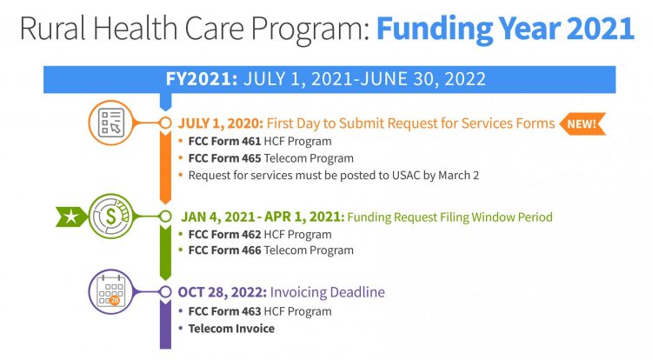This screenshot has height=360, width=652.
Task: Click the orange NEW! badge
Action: click(582, 123)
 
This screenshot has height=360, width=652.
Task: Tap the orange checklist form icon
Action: click(111, 123)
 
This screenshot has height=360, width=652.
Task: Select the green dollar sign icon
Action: click(111, 217)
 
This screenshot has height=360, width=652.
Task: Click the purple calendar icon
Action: click(111, 292)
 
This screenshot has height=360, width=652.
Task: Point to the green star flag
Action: click(71, 217)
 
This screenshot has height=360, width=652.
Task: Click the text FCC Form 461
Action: click(224, 142)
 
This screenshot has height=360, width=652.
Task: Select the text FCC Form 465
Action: click(224, 158)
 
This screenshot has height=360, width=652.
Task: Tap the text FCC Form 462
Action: click(224, 235)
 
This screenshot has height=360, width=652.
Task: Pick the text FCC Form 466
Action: click(224, 250)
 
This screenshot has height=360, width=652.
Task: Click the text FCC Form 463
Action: click(224, 311)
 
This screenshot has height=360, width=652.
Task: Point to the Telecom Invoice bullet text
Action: click(231, 329)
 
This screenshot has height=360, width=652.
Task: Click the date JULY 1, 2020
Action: click(221, 123)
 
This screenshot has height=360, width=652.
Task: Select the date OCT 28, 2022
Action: click(222, 292)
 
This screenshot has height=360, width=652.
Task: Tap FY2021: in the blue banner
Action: click(202, 79)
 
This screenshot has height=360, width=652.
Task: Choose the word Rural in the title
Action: click(52, 28)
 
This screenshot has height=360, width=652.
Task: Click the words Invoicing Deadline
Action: click(327, 292)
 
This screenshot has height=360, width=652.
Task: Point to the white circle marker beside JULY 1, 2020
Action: click(165, 123)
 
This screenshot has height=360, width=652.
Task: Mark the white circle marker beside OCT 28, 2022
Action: click(165, 292)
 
